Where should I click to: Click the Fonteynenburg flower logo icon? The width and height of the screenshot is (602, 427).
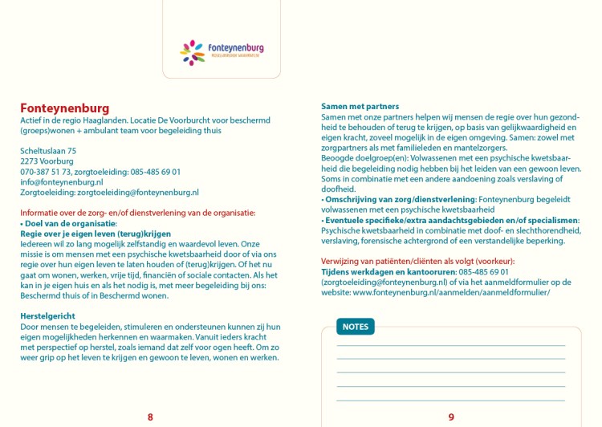coord(193,52)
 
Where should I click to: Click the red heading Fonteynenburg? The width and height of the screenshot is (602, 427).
coord(64,108)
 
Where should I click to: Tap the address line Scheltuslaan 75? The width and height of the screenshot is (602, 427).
coord(48,151)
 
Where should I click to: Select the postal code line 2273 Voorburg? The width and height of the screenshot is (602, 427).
coord(47,161)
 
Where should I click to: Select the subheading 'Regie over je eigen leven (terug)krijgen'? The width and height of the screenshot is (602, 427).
coord(96,234)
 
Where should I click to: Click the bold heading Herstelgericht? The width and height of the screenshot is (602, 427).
coord(47,316)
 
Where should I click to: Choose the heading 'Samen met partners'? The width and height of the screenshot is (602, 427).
coord(360,107)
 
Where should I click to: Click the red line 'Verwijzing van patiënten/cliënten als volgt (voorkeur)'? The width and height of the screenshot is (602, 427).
coord(417,262)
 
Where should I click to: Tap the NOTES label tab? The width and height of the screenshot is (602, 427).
coord(355,327)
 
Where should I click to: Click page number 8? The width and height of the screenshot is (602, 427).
coord(150,417)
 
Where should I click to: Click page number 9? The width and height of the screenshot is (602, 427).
coord(451,417)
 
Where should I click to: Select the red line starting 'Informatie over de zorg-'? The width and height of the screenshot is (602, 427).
coord(138,213)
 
